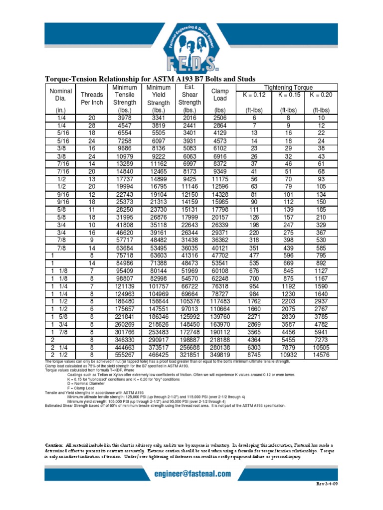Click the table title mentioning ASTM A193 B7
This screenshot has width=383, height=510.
click(150, 79)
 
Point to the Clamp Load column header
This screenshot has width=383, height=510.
click(219, 95)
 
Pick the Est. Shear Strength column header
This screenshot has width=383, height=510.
click(190, 95)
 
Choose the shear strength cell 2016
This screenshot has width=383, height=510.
click(190, 118)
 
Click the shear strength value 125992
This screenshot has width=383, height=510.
click(190, 316)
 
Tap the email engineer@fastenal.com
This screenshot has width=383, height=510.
click(191, 474)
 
